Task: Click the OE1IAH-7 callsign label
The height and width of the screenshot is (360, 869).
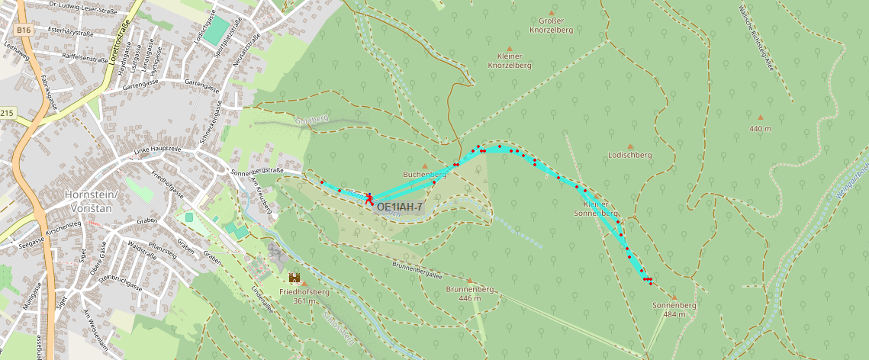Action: [x=400, y=207]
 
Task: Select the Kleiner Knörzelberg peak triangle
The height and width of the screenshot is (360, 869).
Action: [x=510, y=48]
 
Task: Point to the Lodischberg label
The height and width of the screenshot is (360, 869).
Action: [x=629, y=155]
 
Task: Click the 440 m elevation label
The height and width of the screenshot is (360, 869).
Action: [x=760, y=129]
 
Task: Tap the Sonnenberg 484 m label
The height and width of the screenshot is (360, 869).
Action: [x=674, y=310]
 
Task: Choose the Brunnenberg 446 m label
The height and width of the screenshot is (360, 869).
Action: [x=470, y=294]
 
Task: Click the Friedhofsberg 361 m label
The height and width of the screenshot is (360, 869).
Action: [x=304, y=296]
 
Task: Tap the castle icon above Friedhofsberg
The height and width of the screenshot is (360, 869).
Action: [x=294, y=278]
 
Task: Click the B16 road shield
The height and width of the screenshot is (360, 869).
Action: [x=24, y=30]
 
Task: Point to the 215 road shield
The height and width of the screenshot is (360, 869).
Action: [x=7, y=114]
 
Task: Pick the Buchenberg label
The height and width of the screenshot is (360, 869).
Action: [x=424, y=174]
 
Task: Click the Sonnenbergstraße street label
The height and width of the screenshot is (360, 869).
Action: [x=256, y=171]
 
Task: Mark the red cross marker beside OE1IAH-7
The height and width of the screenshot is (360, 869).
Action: [x=369, y=198]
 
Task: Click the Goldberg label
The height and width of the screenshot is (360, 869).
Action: [x=311, y=120]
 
